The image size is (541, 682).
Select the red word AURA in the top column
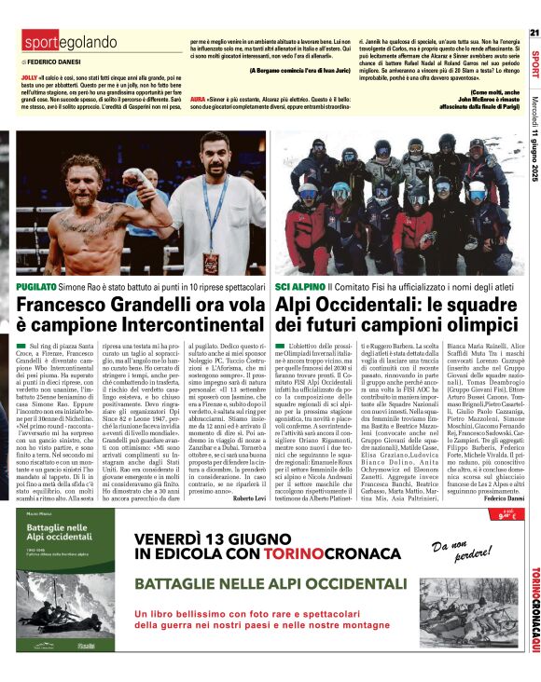click(x=197, y=98)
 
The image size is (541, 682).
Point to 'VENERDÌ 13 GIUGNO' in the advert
click(x=214, y=538)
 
